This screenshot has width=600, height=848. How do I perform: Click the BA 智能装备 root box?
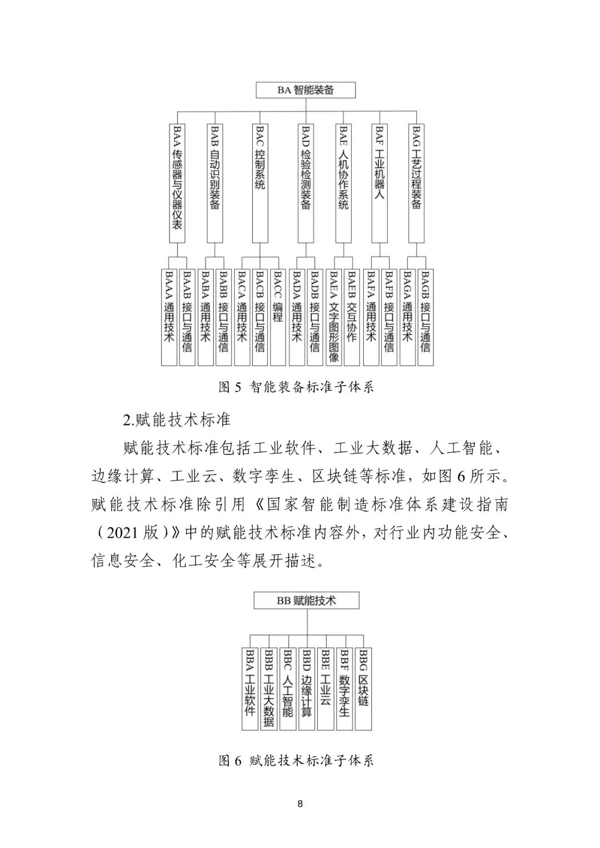click(305, 90)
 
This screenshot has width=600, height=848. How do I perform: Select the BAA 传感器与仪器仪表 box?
click(177, 183)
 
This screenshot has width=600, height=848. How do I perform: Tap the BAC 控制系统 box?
click(259, 183)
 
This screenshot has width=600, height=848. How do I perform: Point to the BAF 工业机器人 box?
click(379, 183)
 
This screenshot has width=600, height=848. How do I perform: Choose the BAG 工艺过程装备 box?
click(417, 183)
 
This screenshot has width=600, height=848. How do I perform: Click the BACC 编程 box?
click(278, 317)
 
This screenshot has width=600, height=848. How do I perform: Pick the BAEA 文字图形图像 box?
click(333, 317)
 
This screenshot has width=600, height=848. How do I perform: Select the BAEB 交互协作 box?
click(352, 317)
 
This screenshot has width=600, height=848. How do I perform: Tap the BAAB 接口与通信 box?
click(187, 317)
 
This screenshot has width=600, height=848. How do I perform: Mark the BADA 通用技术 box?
click(297, 317)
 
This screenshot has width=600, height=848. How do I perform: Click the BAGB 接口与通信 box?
click(426, 317)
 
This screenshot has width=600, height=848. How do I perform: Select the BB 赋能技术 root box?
click(307, 600)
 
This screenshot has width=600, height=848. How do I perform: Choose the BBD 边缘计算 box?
click(307, 689)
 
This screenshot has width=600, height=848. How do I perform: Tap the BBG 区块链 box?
click(363, 689)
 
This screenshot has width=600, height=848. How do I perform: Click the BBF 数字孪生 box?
click(344, 689)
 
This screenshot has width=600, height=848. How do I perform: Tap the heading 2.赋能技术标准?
click(176, 419)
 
